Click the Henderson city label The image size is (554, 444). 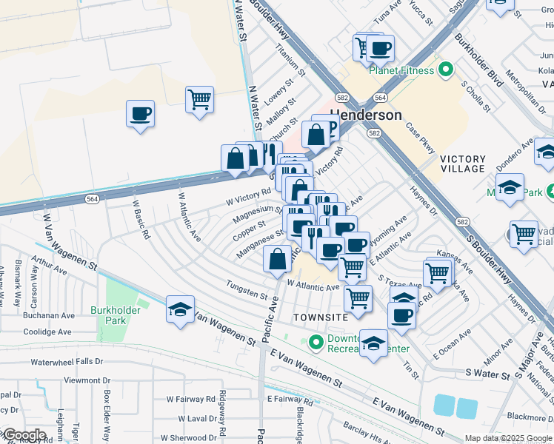click(366, 115)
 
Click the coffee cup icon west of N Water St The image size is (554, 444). click(140, 114)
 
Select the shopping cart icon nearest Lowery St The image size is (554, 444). click(199, 98)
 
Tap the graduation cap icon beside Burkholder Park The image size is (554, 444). click(180, 310)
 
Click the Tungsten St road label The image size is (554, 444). click(247, 289)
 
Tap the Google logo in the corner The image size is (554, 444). click(24, 434)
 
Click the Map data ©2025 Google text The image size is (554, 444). click(507, 438)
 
